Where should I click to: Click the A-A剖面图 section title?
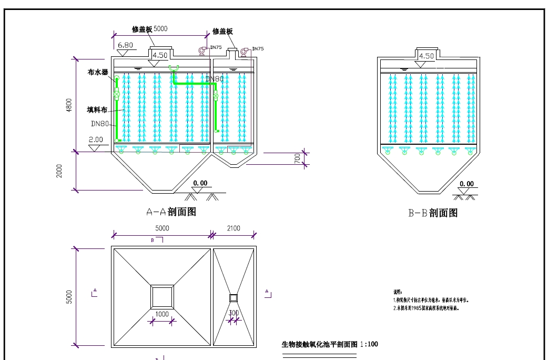click(171, 212)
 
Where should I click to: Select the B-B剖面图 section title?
click(433, 213)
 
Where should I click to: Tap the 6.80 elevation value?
click(125, 45)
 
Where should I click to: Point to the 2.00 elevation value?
click(96, 139)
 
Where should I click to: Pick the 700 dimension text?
click(297, 158)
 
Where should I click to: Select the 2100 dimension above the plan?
click(234, 228)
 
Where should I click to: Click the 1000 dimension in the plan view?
click(162, 314)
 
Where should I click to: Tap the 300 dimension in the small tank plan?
click(234, 313)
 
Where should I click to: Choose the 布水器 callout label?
click(98, 73)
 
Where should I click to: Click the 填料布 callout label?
click(97, 110)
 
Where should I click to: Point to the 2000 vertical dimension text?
click(59, 171)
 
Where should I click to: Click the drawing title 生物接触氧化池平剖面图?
click(320, 345)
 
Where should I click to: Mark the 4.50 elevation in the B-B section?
click(426, 56)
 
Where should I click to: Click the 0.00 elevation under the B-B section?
click(466, 184)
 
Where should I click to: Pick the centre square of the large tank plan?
click(162, 296)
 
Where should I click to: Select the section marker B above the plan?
click(153, 239)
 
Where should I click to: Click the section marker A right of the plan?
click(267, 291)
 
